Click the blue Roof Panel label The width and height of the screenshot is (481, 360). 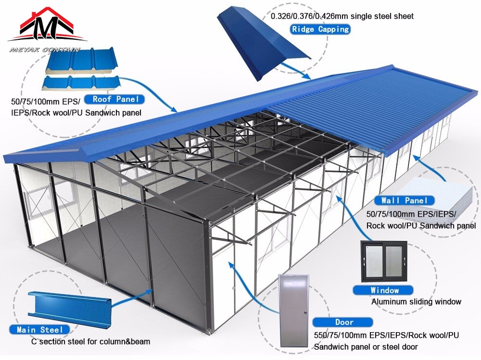114,99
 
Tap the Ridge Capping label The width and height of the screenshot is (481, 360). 320,29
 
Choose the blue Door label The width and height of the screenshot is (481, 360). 343,322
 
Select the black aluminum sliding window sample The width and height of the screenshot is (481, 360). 383,261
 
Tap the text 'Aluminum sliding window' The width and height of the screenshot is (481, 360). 416,302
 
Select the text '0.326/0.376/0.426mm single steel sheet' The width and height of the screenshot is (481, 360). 342,16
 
